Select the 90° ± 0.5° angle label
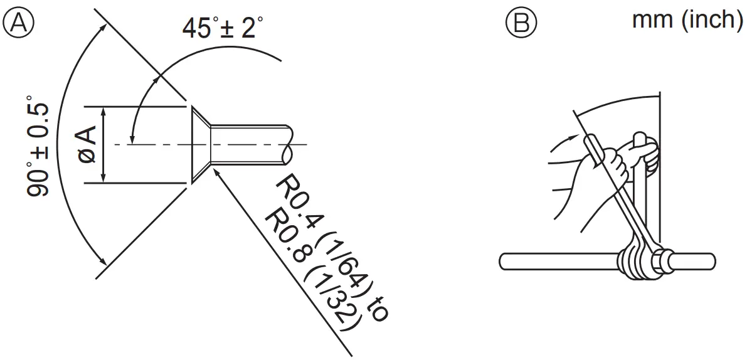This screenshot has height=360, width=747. click(x=39, y=146)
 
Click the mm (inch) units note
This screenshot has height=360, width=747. click(x=687, y=19)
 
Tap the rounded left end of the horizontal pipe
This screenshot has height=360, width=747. click(x=504, y=260)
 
